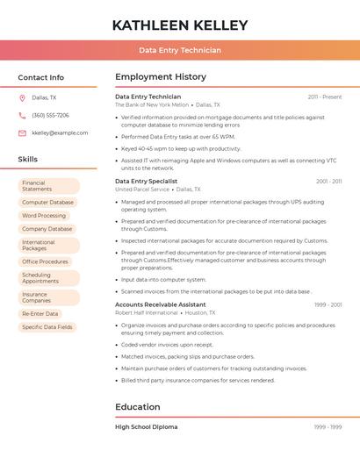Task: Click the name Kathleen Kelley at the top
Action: (180, 25)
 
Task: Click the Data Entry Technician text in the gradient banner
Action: (180, 51)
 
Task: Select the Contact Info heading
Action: (41, 77)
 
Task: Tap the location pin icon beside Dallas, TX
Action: (22, 97)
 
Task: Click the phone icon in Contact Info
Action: (22, 115)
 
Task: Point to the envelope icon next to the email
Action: (22, 133)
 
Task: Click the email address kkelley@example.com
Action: (60, 133)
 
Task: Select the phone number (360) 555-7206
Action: (50, 115)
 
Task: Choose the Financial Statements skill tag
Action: (48, 186)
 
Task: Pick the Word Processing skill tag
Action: (44, 215)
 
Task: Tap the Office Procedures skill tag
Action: (45, 261)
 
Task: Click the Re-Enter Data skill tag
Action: (40, 313)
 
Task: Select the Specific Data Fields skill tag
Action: (47, 327)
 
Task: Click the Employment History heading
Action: (161, 77)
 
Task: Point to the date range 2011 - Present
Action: (325, 97)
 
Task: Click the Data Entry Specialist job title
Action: (146, 181)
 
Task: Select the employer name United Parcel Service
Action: (142, 190)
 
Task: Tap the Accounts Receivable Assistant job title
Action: (161, 304)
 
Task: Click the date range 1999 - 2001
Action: (328, 304)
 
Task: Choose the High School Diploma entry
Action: (147, 426)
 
